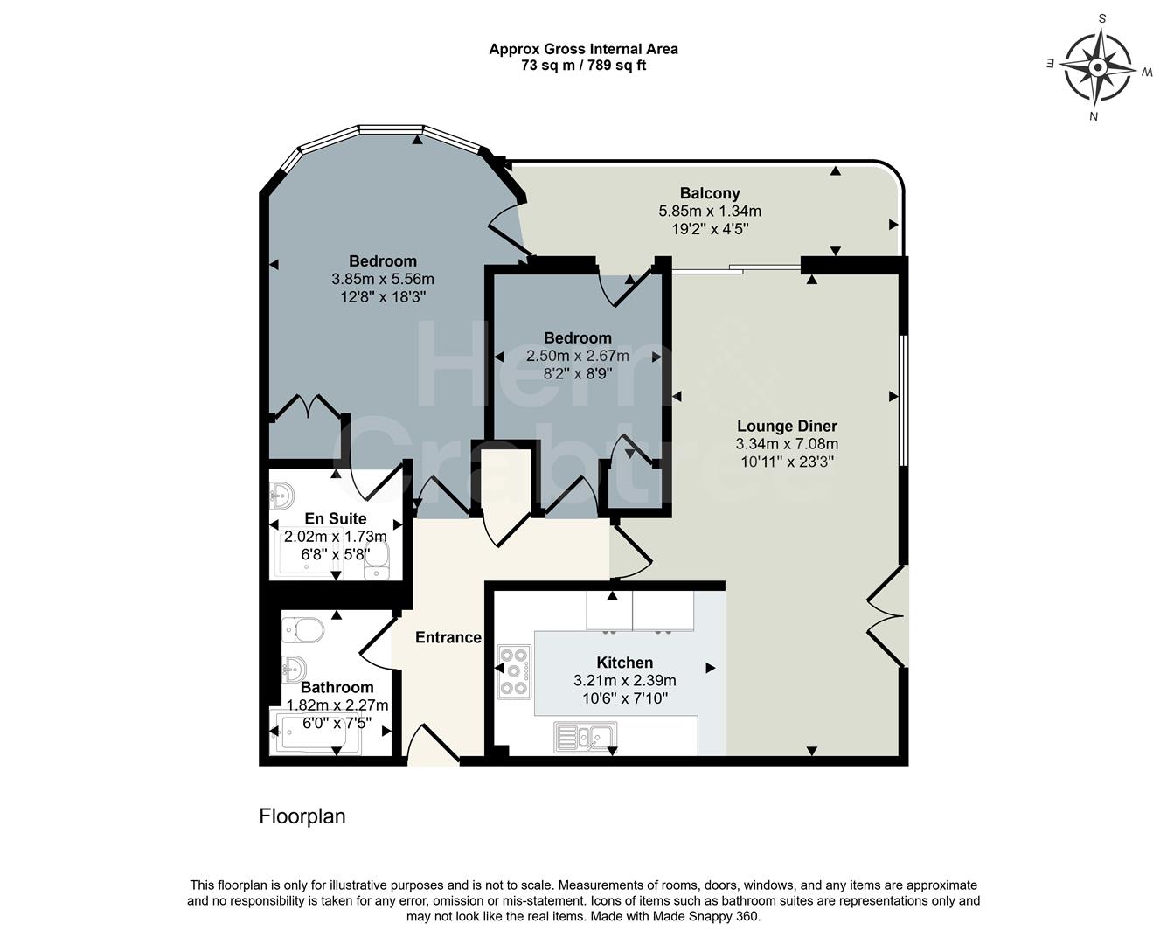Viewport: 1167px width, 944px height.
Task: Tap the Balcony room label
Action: click(710, 193)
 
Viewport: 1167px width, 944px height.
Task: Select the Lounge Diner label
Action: click(787, 427)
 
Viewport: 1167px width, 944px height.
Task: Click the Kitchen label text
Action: click(624, 663)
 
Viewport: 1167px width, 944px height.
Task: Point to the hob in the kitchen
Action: click(514, 671)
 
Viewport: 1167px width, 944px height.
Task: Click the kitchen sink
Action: click(585, 737)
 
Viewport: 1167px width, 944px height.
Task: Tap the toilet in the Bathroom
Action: click(302, 628)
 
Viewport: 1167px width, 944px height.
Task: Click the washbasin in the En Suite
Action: click(281, 496)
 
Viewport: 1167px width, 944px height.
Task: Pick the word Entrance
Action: click(448, 637)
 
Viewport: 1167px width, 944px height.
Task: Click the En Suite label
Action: click(335, 518)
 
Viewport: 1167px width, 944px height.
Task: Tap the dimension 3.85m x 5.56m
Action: click(382, 279)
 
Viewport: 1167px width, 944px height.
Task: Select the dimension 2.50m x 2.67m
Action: click(577, 356)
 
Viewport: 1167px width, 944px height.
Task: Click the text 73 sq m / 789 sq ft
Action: click(583, 65)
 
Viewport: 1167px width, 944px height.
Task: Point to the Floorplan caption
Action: click(302, 816)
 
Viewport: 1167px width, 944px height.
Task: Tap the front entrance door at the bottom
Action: click(434, 747)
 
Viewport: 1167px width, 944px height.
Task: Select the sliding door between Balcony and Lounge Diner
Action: click(735, 269)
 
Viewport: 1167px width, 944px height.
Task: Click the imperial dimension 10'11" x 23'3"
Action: click(787, 462)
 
